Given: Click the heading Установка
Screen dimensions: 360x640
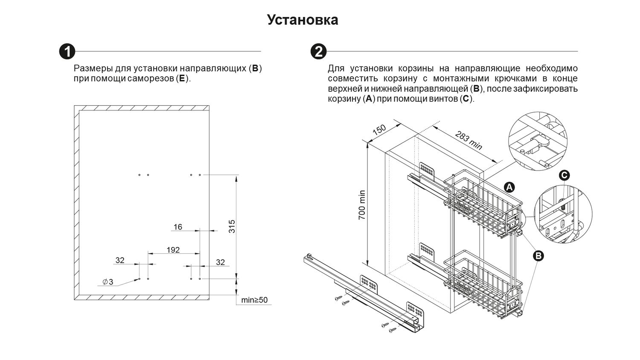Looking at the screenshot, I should coord(303,20).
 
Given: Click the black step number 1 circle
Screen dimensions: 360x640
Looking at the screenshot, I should coord(67,52).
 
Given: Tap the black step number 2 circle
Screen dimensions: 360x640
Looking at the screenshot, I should coord(318,52).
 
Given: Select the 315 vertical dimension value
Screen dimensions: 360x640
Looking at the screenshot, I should coord(232,226).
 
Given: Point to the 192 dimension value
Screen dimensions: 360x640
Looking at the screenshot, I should coord(173,250).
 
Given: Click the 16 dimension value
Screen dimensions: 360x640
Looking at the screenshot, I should coord(178,227).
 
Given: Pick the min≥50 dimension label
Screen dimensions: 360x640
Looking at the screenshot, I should coord(254,300).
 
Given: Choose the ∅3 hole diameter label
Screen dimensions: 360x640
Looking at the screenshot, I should coord(108,282).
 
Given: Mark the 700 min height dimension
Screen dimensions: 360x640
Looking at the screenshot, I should coord(362,205).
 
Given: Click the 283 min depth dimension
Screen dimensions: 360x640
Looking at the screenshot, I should coord(468,140).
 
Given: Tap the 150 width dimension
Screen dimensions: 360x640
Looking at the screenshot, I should coord(379,130).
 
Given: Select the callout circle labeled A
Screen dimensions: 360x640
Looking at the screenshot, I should coord(509,187).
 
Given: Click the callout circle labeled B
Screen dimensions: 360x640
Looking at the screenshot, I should coord(538,255).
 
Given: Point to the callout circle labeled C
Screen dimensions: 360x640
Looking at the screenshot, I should coord(564,175).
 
